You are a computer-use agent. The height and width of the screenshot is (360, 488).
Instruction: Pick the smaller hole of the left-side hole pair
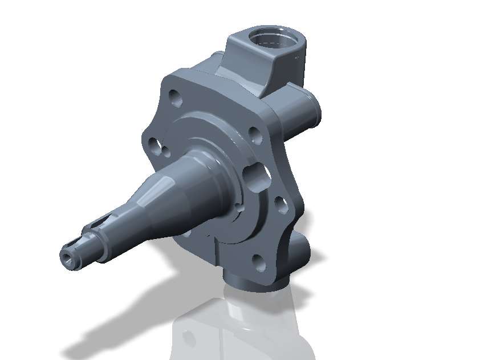click(x=166, y=151)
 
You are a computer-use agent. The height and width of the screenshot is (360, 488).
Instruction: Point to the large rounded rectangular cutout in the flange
click(x=256, y=175)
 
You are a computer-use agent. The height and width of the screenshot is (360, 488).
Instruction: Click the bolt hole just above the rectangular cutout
click(x=255, y=135)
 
